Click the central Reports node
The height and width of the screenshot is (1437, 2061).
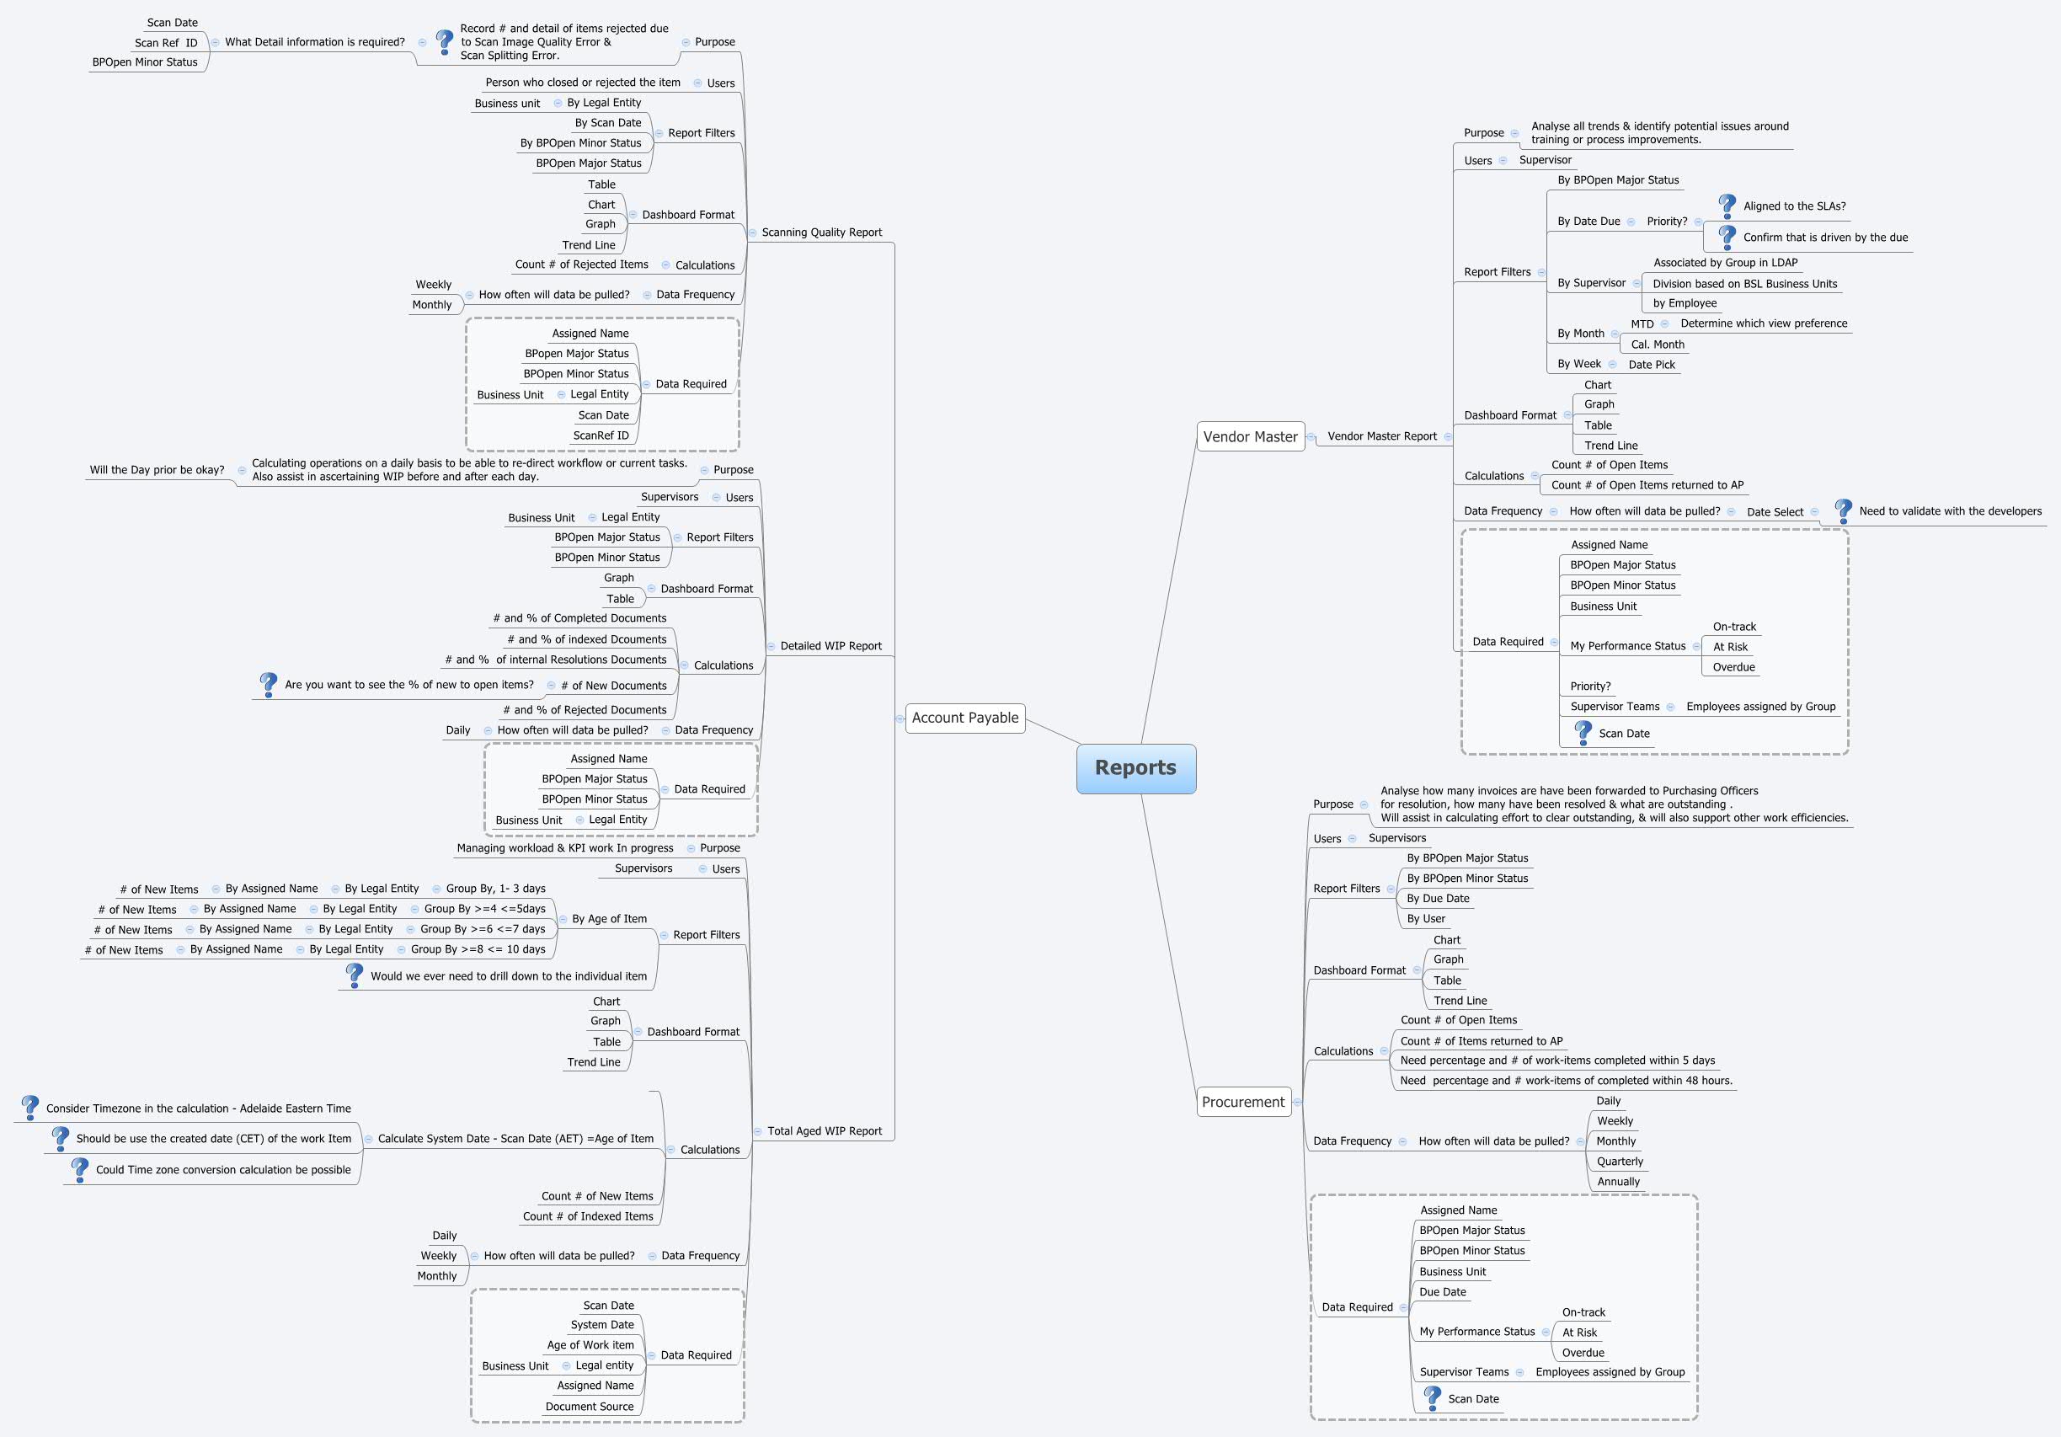[x=1135, y=768]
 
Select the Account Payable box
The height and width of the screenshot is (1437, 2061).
[x=965, y=718]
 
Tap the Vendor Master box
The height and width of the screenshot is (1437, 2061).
[x=1250, y=437]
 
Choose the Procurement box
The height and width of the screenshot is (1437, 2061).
[x=1243, y=1103]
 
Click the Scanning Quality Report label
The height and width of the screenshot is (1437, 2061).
[x=821, y=232]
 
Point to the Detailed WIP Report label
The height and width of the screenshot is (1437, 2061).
[x=830, y=646]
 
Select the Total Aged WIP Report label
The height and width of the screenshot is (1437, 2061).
[x=824, y=1132]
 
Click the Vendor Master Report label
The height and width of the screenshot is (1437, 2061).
[x=1381, y=437]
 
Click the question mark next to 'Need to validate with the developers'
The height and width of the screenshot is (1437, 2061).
[x=1843, y=510]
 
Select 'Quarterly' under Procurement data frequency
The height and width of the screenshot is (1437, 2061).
[x=1620, y=1162]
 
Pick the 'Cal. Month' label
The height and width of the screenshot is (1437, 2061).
[x=1657, y=345]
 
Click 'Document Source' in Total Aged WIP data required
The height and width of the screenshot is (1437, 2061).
[x=589, y=1407]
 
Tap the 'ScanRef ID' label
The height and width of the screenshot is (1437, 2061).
[x=601, y=436]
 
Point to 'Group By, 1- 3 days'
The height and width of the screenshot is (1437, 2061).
[x=495, y=889]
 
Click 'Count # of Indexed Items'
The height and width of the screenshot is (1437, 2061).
[x=588, y=1217]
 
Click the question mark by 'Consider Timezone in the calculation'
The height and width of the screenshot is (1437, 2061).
[x=29, y=1108]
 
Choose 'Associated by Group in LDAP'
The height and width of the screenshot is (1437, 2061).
[x=1725, y=263]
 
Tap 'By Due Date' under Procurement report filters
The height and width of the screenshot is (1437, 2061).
[x=1438, y=899]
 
